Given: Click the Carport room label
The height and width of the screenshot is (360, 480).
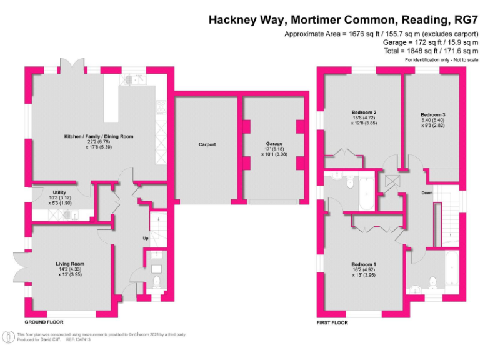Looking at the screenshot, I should coord(207,144).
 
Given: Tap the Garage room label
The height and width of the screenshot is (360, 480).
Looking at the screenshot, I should coord(274,144).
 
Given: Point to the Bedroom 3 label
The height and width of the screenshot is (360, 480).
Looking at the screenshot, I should coord(432,115).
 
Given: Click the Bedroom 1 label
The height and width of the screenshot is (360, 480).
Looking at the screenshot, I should coord(363,264).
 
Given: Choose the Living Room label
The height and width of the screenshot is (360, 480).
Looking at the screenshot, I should coord(69,264).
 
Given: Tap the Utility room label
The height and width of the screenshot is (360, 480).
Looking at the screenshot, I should coord(59,192).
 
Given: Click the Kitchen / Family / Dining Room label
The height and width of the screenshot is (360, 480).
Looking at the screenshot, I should coord(99,136).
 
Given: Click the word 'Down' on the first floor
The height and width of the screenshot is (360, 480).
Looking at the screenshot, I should coord(427,192).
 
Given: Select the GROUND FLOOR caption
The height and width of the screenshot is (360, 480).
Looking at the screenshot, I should coord(43,322).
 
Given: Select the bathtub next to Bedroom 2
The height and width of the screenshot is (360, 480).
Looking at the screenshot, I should coord(365,194).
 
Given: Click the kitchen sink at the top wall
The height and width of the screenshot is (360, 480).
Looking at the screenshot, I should coord(136,79).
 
